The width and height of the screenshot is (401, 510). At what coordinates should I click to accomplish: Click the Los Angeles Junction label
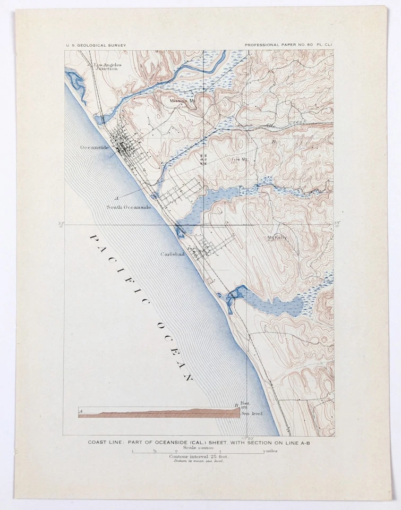click(108, 67)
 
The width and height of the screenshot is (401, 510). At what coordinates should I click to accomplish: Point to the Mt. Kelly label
click(277, 237)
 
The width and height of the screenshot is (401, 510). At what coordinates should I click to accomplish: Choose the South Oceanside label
click(129, 207)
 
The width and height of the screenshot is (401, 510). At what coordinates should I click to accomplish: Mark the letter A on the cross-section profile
click(80, 411)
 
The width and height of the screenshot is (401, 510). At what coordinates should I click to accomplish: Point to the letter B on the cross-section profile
click(236, 406)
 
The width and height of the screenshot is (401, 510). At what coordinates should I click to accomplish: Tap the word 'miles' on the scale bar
click(271, 452)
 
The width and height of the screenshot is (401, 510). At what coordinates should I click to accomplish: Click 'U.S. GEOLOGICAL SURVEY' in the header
click(96, 46)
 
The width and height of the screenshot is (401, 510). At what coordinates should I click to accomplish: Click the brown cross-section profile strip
click(159, 413)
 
